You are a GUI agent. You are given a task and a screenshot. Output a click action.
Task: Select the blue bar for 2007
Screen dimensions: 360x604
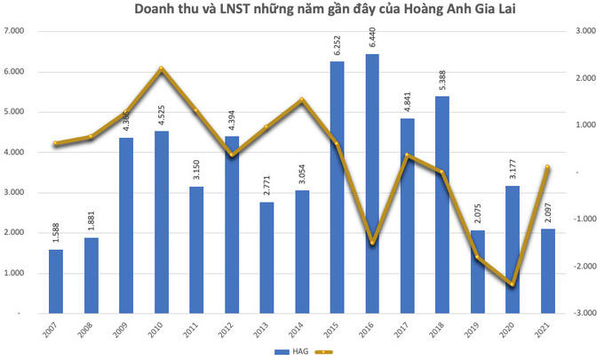point(55,281)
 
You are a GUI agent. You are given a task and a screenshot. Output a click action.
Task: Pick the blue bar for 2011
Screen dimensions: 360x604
point(195,250)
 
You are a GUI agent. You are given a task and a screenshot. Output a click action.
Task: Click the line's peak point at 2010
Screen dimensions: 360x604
point(161,69)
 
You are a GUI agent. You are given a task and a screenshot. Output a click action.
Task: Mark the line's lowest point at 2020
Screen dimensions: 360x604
point(513,284)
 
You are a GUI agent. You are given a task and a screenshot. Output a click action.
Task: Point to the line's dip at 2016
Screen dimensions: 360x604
point(371,243)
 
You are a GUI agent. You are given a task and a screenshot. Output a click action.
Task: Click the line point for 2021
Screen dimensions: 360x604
point(547,167)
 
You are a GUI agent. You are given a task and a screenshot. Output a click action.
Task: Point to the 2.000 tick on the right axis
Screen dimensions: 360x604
point(584,78)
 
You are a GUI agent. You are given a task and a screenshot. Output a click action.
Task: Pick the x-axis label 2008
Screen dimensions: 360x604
point(90,332)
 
